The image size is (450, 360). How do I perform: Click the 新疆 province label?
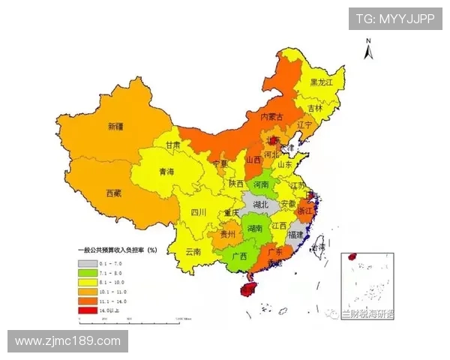tap(115, 127)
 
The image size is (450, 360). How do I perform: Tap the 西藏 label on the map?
tap(114, 193)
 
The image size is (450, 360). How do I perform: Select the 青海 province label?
tap(167, 172)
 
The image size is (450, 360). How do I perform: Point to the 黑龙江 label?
tap(321, 82)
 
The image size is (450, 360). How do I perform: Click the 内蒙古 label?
tap(271, 117)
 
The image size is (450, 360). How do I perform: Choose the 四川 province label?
tap(198, 212)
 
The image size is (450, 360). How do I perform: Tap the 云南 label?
tap(193, 252)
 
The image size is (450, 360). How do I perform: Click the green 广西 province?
tap(239, 256)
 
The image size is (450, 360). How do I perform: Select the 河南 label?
tap(260, 184)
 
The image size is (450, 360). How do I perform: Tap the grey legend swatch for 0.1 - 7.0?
tap(88, 264)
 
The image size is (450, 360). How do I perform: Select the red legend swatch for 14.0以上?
tap(88, 307)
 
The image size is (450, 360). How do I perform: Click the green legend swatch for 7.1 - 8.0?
tap(88, 273)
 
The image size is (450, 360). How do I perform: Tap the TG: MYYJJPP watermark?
tap(394, 19)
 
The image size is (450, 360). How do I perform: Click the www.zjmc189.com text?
tap(67, 341)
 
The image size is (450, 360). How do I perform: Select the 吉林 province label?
tap(313, 108)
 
